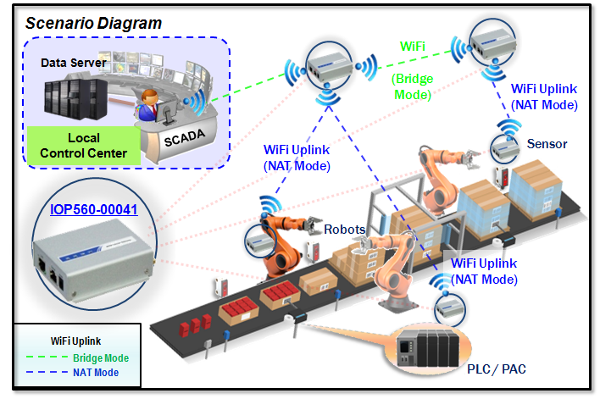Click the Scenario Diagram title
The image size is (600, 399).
[93, 23]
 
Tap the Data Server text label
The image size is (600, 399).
[74, 63]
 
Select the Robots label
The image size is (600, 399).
[344, 229]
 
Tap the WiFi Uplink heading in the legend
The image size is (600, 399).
[76, 341]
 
